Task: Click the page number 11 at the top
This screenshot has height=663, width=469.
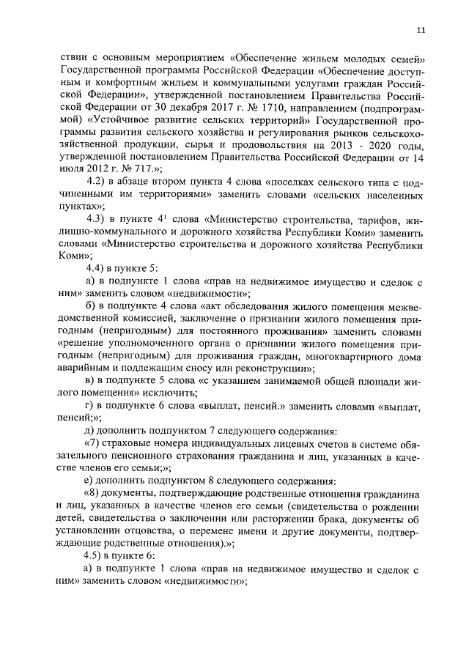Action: coord(419,30)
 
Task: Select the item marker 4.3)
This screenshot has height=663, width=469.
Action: coord(99,219)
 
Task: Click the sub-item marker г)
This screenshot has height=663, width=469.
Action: coord(89,405)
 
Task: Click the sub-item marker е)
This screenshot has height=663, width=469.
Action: coord(89,482)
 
